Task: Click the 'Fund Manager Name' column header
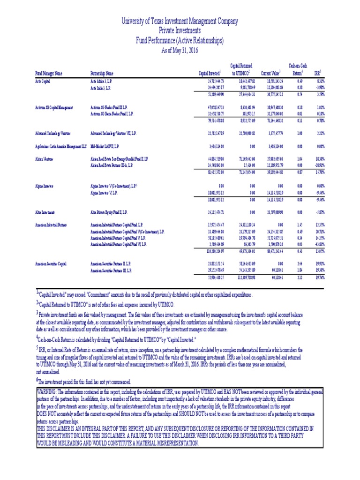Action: point(49,73)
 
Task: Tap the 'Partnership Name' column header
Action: point(102,73)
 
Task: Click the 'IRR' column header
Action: point(318,73)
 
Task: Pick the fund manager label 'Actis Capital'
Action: point(43,81)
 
